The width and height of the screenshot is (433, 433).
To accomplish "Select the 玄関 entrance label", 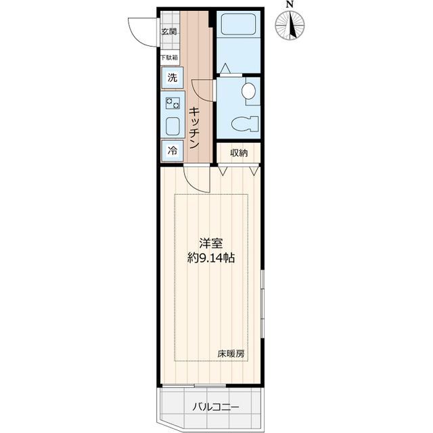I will tap(169, 31).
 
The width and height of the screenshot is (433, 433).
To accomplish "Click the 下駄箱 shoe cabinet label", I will tap(169, 58).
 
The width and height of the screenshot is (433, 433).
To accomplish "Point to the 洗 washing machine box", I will tap(172, 77).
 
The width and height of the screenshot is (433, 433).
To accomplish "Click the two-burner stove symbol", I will tap(172, 104).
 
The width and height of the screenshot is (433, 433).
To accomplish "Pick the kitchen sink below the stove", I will tap(172, 126).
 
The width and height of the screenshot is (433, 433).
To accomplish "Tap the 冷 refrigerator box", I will tap(172, 151).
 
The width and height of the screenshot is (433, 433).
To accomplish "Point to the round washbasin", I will tap(249, 89).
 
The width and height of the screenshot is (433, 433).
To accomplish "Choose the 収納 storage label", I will tap(238, 153).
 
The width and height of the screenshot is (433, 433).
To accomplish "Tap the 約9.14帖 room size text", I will tap(211, 258).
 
